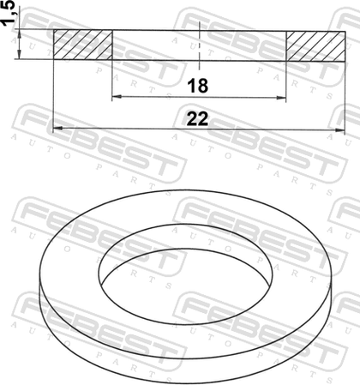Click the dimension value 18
(x=198, y=86)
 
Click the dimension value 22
(x=197, y=119)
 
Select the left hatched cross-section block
(x=83, y=45)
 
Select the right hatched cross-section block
(x=315, y=46)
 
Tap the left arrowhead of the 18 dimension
(x=117, y=97)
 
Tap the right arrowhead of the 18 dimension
(x=281, y=98)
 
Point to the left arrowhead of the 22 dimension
(x=58, y=129)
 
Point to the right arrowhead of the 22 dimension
(x=340, y=130)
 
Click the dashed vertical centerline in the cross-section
(x=199, y=45)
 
